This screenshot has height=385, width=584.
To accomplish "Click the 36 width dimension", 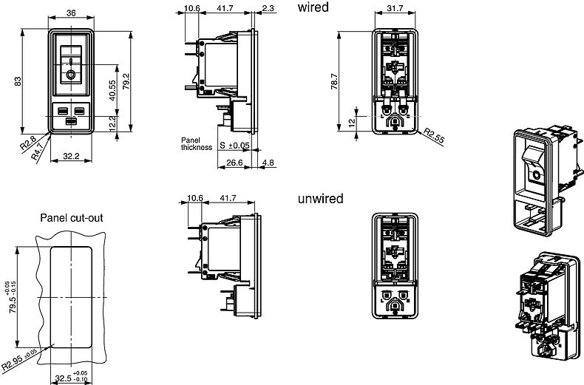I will [72, 12].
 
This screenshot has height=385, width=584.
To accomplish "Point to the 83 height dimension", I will [18, 81].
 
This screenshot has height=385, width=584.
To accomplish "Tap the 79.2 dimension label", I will [126, 81].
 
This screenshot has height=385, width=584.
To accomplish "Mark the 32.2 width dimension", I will [72, 155].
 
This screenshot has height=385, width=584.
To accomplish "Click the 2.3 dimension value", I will [268, 8].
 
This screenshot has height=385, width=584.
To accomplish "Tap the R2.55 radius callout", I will [435, 136].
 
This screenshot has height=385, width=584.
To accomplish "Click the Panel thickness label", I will [196, 143].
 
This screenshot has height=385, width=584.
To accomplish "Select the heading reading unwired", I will [320, 199].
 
